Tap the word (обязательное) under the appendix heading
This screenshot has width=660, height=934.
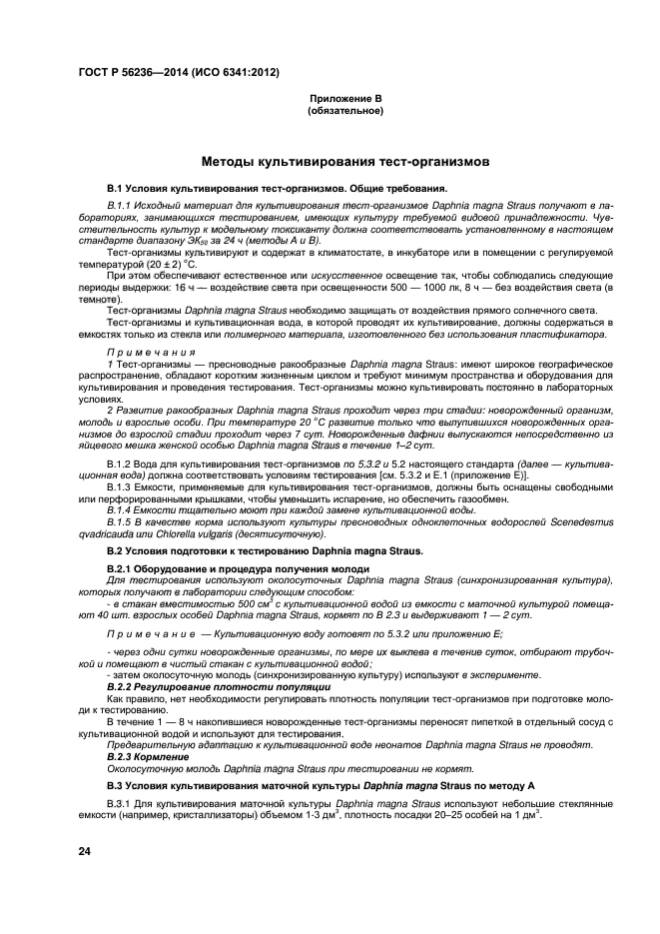[x=344, y=111]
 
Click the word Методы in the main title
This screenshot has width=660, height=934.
[x=233, y=161]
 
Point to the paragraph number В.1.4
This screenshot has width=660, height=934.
[x=122, y=510]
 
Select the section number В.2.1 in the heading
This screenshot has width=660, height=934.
[x=122, y=568]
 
